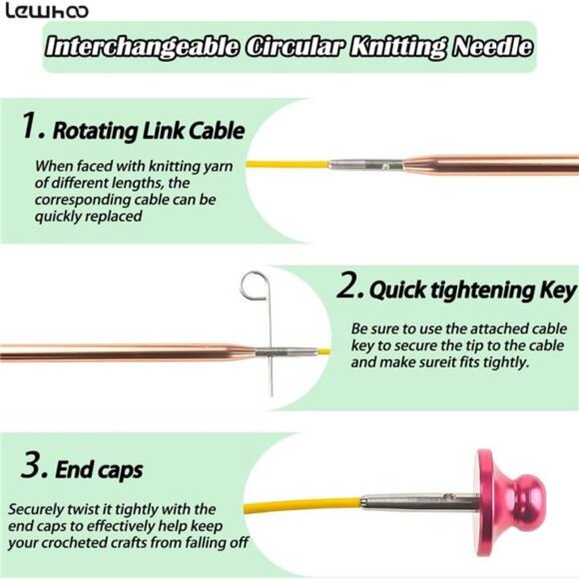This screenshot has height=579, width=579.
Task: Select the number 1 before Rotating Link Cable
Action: [32, 127]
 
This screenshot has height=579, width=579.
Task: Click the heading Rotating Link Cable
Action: [149, 130]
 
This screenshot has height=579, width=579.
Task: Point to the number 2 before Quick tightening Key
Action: [347, 289]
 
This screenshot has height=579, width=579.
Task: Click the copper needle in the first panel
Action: [499, 163]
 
